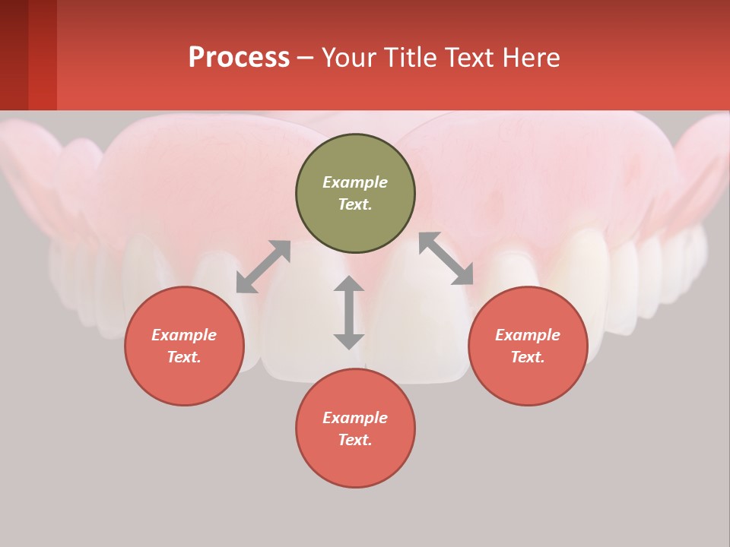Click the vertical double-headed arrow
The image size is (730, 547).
click(349, 312)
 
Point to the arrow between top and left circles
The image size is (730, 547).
click(263, 267)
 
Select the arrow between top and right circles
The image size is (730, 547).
click(446, 258)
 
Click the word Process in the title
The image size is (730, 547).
click(239, 58)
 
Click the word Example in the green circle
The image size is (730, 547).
click(355, 182)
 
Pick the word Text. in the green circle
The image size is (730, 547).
click(355, 204)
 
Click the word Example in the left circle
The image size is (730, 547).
click(184, 335)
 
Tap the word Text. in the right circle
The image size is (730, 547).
click(528, 357)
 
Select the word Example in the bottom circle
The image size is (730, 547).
click(355, 418)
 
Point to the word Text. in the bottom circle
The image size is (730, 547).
click(355, 440)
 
